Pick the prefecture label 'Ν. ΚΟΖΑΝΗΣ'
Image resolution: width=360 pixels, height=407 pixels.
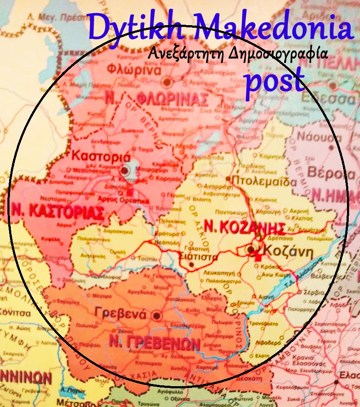click(x=245, y=227)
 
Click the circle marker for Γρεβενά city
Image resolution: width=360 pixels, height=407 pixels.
click(x=157, y=315)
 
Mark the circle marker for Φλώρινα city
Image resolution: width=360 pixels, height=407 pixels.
click(x=167, y=82)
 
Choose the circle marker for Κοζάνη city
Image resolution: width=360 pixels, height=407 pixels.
click(x=251, y=250)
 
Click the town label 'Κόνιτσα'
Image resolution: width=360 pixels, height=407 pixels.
click(x=16, y=313)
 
